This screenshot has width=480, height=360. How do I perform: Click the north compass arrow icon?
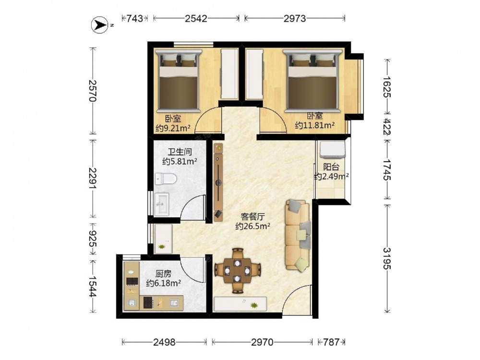pos(99,24)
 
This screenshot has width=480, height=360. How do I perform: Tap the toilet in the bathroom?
pos(165,179)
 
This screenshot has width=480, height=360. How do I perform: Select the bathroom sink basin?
pos(162,204)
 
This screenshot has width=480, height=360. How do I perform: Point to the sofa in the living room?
pos(298,235)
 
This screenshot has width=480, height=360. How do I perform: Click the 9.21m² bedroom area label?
pos(173,123)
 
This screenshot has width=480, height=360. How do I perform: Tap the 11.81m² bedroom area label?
pos(315,120)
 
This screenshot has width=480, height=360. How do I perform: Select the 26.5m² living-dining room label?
pos(253,222)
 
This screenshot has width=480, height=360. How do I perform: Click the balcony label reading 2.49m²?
pos(332,172)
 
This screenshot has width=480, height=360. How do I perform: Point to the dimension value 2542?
pos(196,18)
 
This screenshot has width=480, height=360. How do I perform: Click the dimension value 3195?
pos(387,258)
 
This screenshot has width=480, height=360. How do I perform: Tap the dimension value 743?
pos(135,18)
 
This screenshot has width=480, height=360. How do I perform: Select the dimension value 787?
pos(332,342)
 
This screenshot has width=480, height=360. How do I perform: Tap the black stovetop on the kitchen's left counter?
pos(132,281)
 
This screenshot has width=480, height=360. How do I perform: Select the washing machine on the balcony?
pos(332,150)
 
